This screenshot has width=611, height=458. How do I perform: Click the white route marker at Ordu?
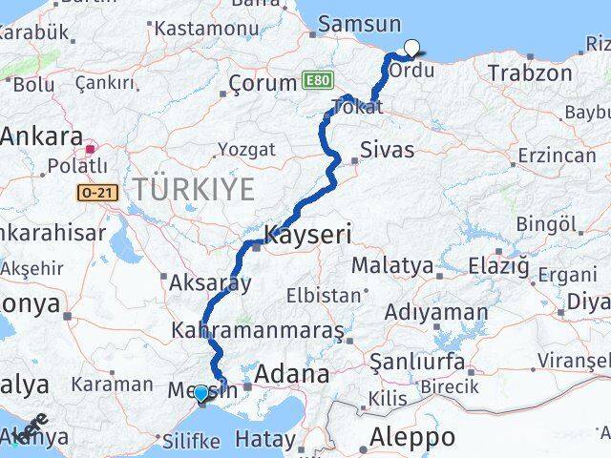click(x=411, y=48)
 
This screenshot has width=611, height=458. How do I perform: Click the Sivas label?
click(x=387, y=150)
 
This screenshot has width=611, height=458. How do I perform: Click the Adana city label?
click(x=291, y=372)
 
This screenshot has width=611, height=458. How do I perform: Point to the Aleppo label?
click(x=412, y=438)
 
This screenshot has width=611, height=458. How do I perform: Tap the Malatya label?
click(x=392, y=265)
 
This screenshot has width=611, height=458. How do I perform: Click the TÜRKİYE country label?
click(x=194, y=189)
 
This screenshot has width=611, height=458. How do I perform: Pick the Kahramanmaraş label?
click(x=258, y=331)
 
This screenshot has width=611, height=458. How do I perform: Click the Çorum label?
click(x=263, y=84)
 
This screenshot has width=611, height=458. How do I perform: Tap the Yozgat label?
click(x=246, y=150)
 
